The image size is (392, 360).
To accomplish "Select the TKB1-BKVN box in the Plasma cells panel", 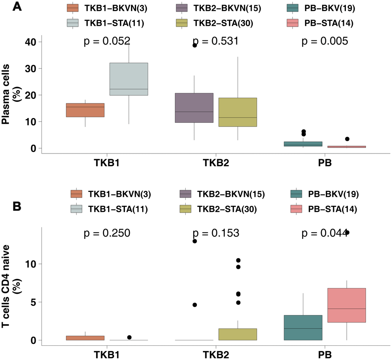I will click(85, 110).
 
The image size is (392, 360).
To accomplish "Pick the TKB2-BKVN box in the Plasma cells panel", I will click(194, 108).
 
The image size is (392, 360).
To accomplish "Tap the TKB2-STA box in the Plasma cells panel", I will click(238, 112).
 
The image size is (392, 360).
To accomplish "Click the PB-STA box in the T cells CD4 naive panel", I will click(347, 305).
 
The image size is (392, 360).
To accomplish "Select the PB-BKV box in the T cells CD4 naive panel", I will click(303, 328).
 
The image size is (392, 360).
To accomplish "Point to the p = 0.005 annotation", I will click(325, 42).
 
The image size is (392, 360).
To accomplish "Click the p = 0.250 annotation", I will click(107, 233).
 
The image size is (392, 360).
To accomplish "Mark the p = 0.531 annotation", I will click(216, 42).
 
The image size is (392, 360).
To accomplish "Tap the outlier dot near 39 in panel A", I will click(195, 45).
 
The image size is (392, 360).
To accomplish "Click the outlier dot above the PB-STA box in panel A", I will click(347, 139).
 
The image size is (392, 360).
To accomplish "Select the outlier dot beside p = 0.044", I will click(347, 232).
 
